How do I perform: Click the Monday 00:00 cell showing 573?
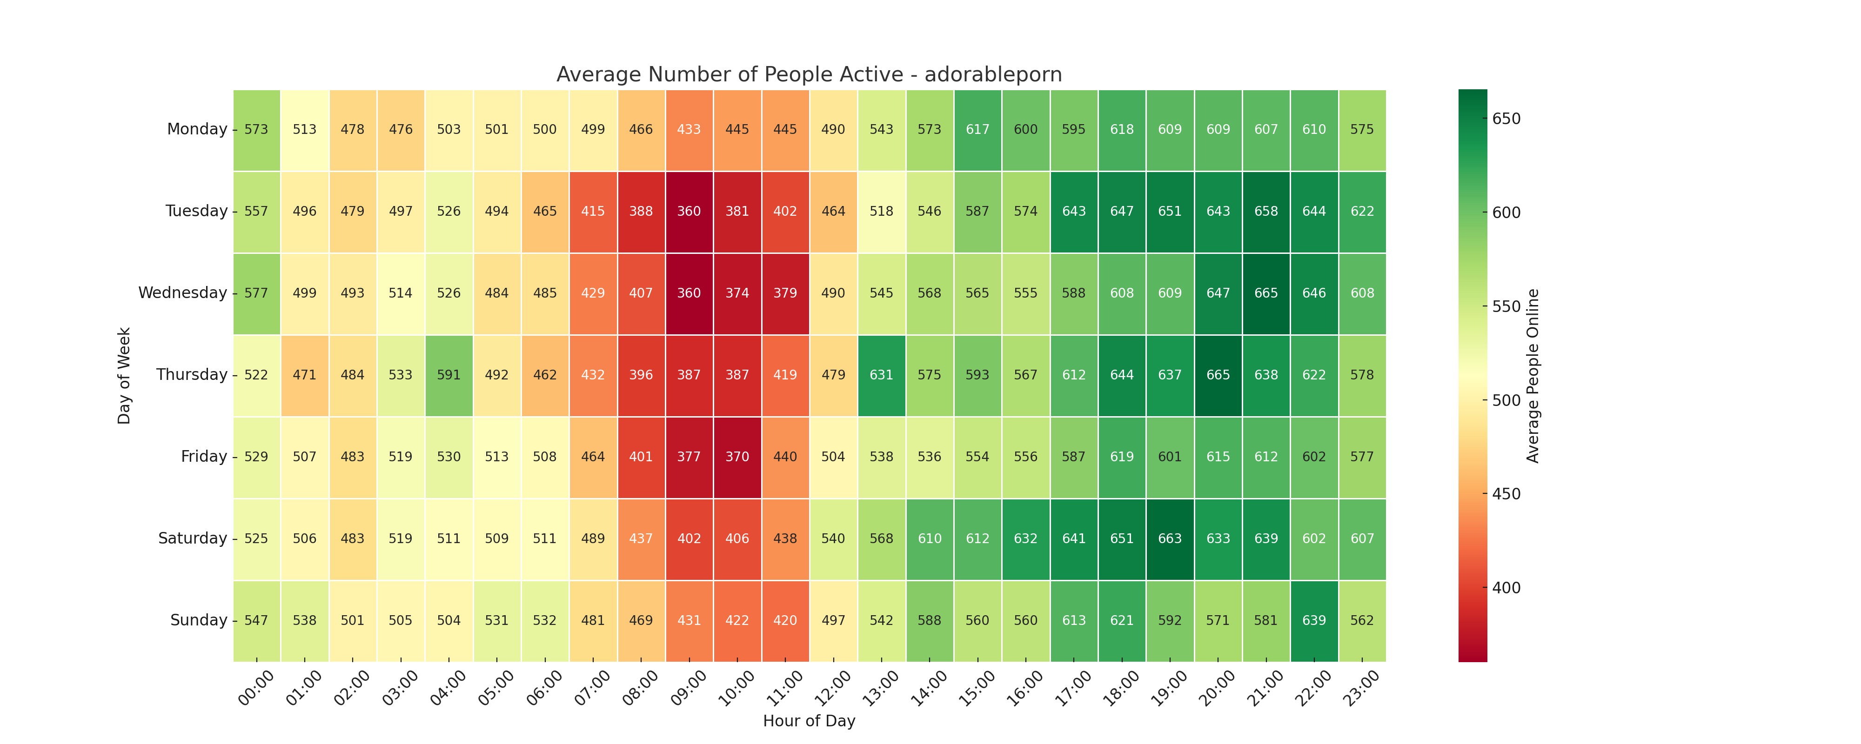tap(256, 129)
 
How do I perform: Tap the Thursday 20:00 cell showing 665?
tap(1218, 375)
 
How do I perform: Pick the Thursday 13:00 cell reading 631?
tap(881, 375)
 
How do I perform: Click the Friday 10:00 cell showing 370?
tap(737, 457)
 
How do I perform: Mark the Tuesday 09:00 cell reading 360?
tap(689, 212)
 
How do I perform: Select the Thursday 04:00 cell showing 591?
tap(449, 375)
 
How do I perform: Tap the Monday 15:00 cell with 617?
tap(977, 129)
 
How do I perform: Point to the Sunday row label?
tap(199, 620)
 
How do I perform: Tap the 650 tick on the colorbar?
tap(1506, 119)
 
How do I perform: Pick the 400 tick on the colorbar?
tap(1506, 588)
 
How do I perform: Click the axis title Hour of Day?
tap(809, 721)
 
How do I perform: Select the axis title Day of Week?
tap(124, 376)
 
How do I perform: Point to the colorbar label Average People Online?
tap(1533, 376)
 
